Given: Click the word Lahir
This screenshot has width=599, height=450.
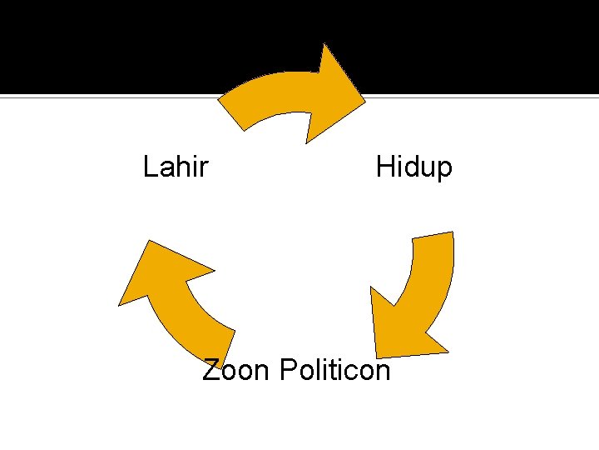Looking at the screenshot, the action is (175, 167).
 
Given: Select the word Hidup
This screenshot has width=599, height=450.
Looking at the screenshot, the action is (413, 167).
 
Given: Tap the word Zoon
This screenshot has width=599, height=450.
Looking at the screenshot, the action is (236, 368).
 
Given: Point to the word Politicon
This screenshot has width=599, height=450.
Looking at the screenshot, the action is (334, 368).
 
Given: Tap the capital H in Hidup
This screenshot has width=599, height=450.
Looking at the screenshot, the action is (384, 167).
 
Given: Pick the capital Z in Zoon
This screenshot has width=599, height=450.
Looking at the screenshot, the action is (212, 368).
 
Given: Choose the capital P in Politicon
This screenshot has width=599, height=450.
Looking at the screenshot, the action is (288, 368).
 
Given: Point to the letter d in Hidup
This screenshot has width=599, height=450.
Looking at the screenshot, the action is (409, 167).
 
